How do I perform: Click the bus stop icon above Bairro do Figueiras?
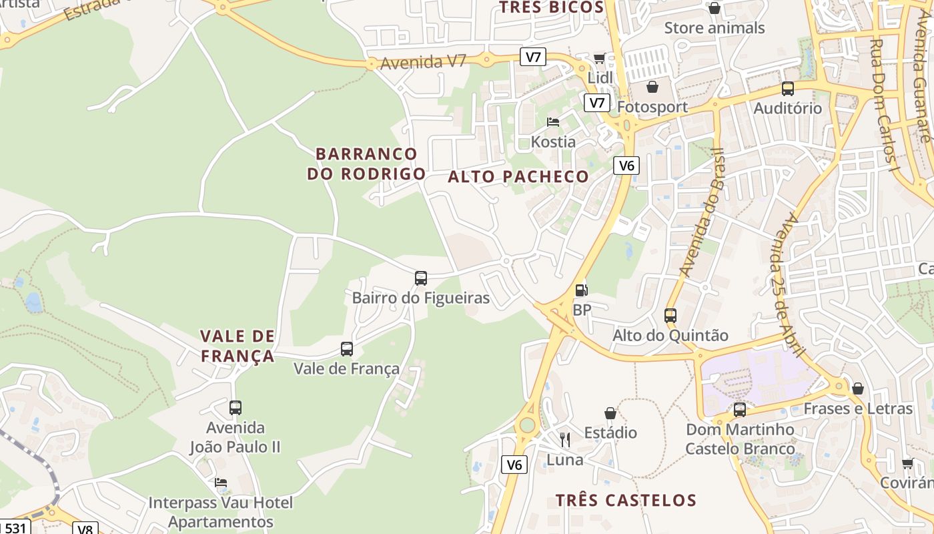(421, 278)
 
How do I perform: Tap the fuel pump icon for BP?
(582, 290)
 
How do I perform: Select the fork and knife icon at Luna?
(565, 439)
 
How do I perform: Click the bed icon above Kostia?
(553, 122)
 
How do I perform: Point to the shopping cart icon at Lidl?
(599, 59)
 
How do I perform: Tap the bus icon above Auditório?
(788, 89)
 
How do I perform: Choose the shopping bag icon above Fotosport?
(652, 87)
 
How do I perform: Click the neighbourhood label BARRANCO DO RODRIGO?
(366, 164)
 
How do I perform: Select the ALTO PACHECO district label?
(518, 177)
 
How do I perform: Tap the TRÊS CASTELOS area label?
(626, 500)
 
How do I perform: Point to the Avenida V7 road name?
(423, 62)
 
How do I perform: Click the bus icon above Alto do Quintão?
(670, 316)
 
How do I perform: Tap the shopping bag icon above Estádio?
(610, 413)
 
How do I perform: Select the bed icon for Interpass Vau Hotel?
(221, 483)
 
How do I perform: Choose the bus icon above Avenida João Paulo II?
(236, 408)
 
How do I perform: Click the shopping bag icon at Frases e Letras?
(858, 388)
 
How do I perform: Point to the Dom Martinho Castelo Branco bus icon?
(740, 410)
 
